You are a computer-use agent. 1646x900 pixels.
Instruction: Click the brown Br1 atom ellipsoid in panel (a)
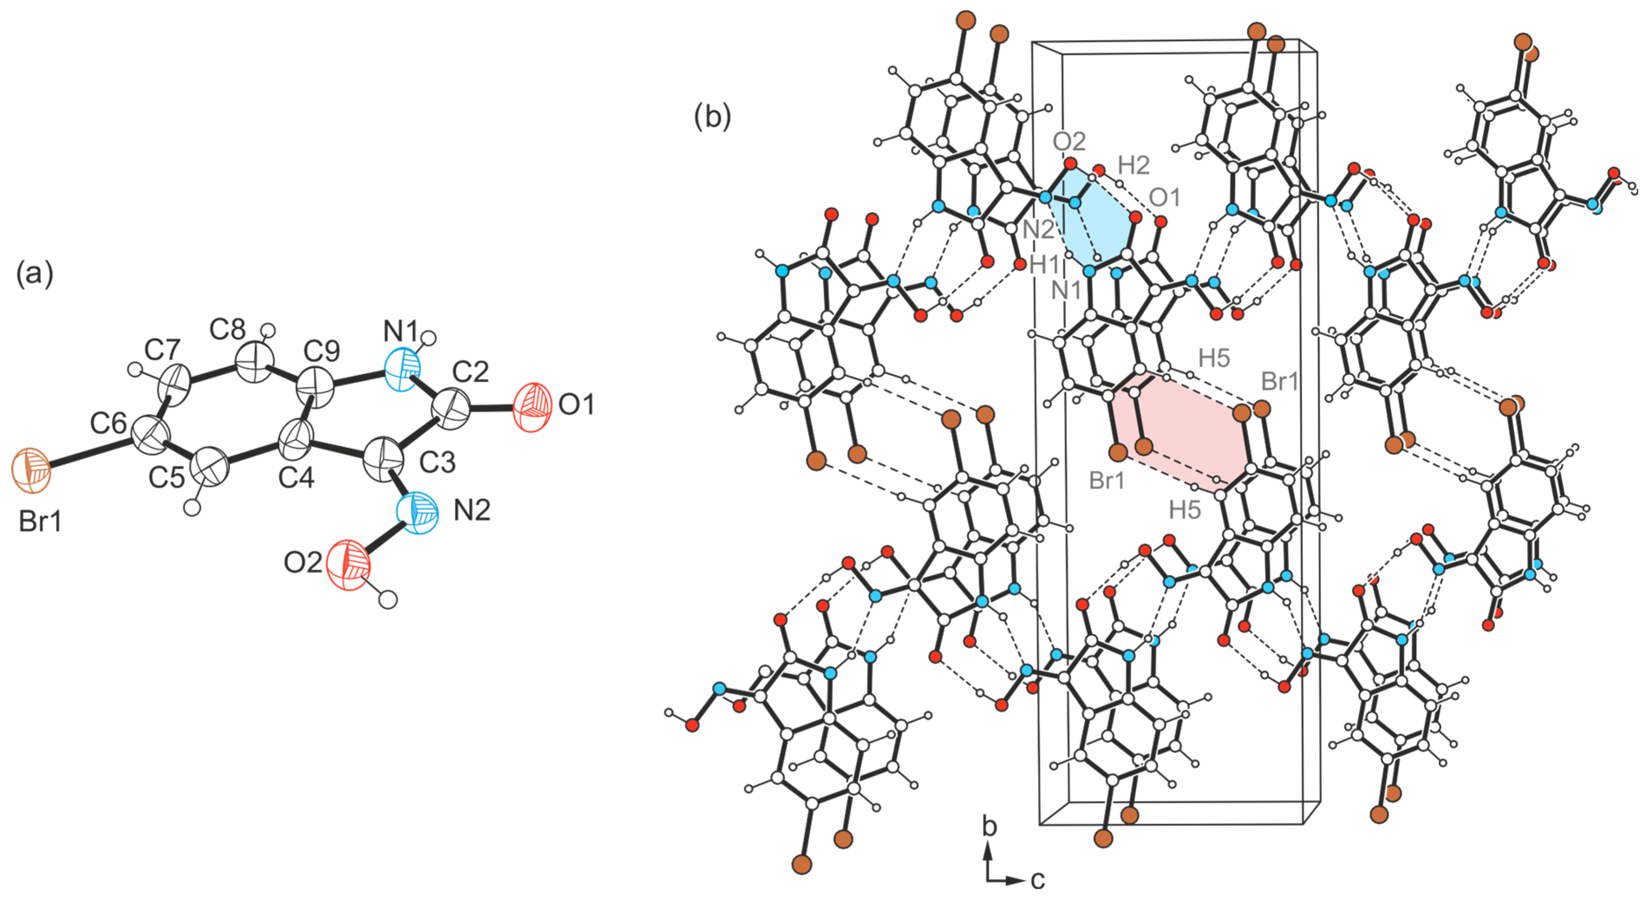[x=31, y=471]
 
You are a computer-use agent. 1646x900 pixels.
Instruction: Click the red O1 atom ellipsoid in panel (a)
[x=531, y=407]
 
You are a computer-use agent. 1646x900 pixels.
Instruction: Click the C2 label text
[x=470, y=371]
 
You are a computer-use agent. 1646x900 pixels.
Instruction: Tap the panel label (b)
[x=712, y=117]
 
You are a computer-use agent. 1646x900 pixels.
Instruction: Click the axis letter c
[x=1037, y=880]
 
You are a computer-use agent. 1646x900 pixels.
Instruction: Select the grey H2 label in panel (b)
[x=1134, y=166]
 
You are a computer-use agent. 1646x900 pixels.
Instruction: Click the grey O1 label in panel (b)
[x=1164, y=198]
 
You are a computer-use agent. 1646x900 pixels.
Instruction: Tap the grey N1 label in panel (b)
[x=1066, y=291]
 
